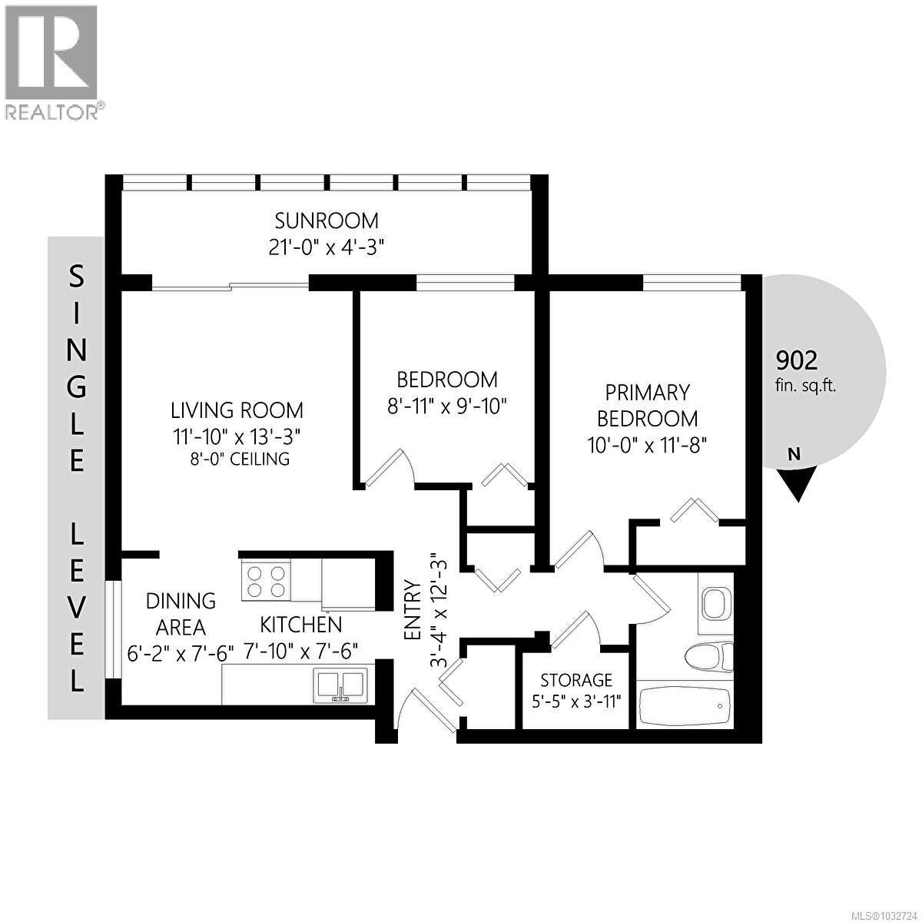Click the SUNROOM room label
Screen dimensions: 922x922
pyautogui.click(x=327, y=221)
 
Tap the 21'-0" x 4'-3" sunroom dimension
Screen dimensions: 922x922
pyautogui.click(x=327, y=247)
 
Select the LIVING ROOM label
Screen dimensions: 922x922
pyautogui.click(x=237, y=410)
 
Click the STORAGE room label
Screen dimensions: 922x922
pyautogui.click(x=576, y=680)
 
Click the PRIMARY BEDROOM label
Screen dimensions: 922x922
pyautogui.click(x=647, y=406)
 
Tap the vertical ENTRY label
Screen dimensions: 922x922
pyautogui.click(x=412, y=611)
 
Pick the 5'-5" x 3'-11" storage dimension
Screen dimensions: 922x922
pyautogui.click(x=576, y=701)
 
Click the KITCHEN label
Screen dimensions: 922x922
pyautogui.click(x=300, y=624)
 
